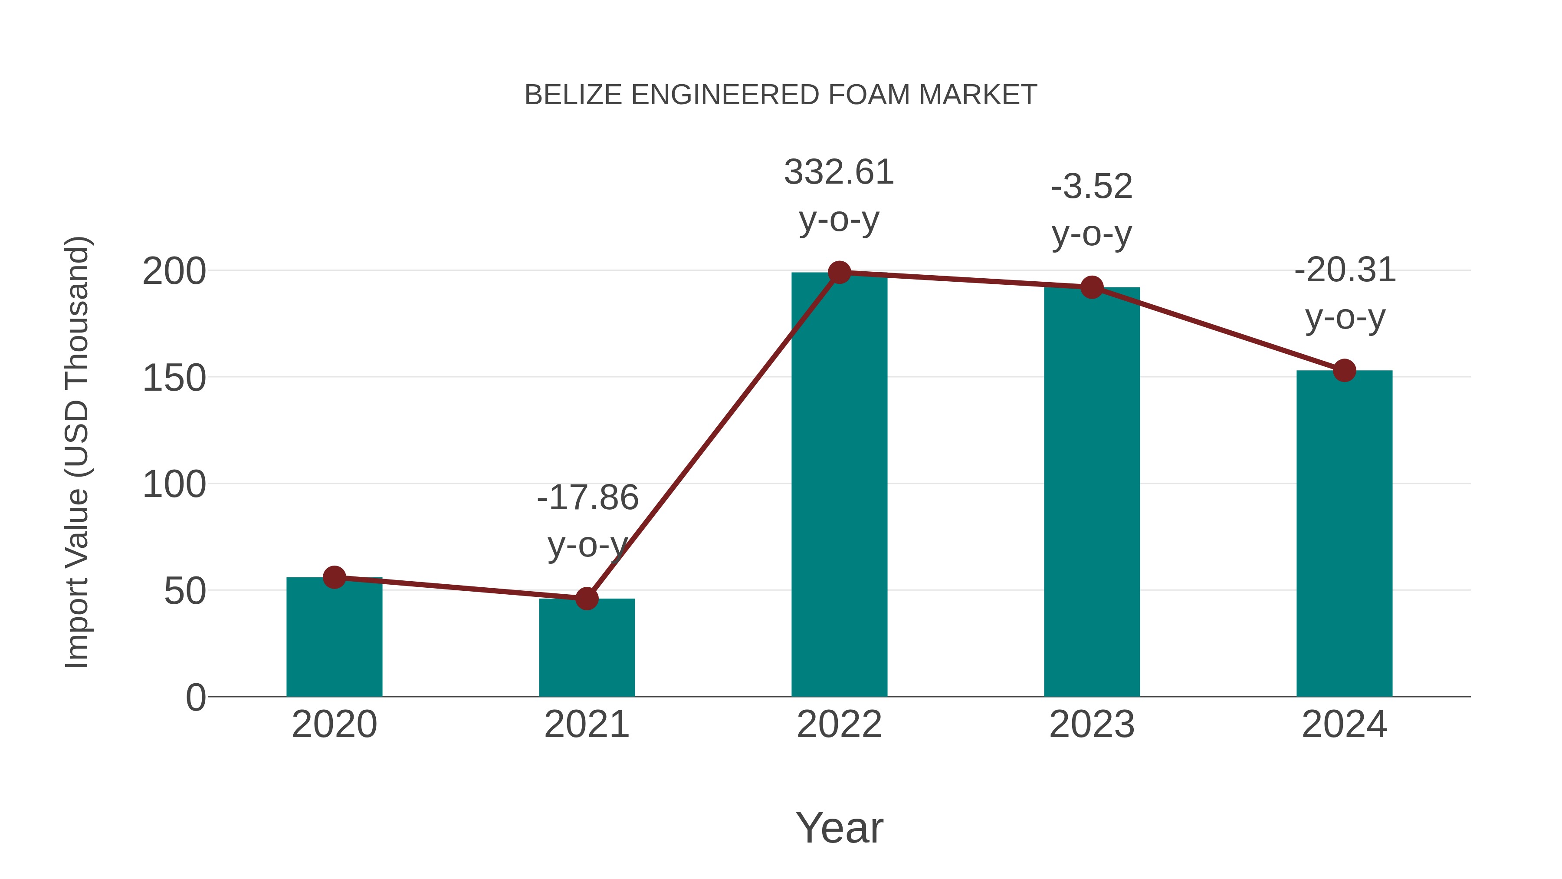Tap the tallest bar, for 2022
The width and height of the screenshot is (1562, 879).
839,485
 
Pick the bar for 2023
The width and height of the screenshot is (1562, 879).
1092,491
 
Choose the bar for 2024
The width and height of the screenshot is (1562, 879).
1344,534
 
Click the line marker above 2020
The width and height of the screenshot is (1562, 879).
334,577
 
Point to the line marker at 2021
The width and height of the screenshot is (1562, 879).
586,599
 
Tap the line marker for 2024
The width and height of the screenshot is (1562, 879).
1344,370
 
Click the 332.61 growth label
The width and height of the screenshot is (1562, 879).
839,172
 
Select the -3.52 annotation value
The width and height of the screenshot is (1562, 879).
1092,187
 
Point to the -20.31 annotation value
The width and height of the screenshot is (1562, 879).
1344,270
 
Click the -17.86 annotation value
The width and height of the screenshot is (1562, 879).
587,498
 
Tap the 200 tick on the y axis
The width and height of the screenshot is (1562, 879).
174,271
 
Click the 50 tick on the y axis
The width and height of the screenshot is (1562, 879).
185,591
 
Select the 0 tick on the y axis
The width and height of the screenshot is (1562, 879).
196,698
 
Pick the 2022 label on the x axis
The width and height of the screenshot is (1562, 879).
839,724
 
